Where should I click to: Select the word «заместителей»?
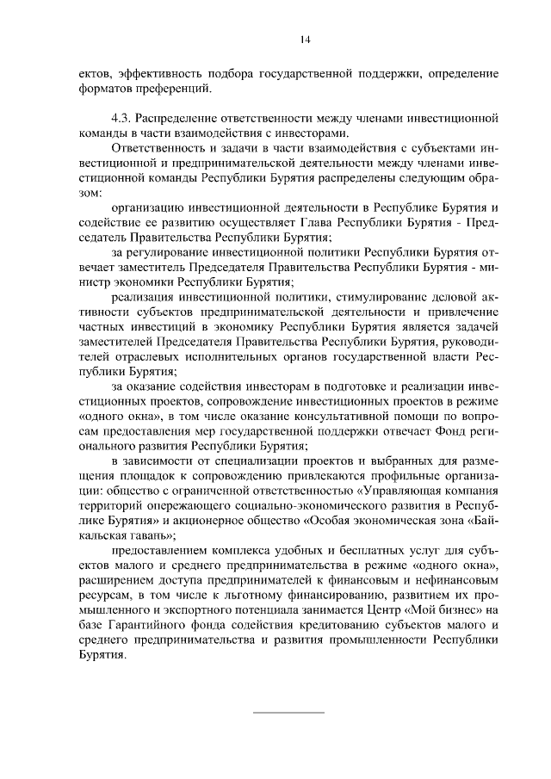click(x=113, y=342)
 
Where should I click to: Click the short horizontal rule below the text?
click(x=288, y=712)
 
